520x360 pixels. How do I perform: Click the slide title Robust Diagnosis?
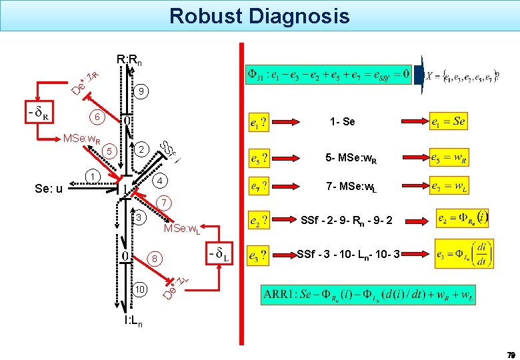pos(259,15)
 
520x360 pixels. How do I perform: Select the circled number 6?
pos(97,116)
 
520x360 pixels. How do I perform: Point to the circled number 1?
pos(93,177)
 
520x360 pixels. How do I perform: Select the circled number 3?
pos(139,218)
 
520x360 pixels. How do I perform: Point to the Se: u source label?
pos(49,189)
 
